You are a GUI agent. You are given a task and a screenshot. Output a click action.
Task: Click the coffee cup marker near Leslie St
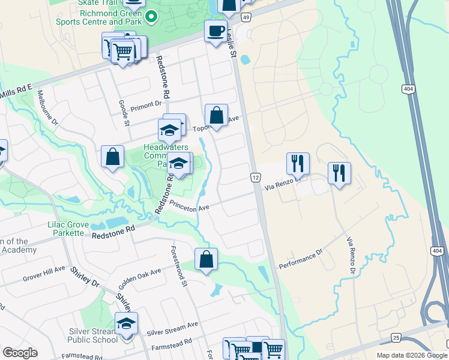click(215, 30)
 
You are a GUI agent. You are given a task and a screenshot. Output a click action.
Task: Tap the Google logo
click(20, 353)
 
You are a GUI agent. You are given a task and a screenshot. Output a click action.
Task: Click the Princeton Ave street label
click(188, 205)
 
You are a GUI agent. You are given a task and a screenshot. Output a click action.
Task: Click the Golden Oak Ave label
click(139, 275)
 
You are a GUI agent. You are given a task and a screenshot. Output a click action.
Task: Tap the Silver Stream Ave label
click(172, 328)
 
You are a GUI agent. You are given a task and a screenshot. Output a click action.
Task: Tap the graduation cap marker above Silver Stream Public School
click(126, 323)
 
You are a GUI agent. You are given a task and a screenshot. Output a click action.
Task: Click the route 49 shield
click(246, 17)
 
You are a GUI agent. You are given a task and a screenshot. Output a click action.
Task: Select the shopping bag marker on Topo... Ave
click(216, 115)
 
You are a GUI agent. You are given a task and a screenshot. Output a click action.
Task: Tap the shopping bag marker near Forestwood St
click(206, 259)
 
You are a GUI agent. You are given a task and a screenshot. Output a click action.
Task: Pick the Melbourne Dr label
click(47, 107)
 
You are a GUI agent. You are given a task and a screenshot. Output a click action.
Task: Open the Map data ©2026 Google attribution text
click(411, 355)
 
